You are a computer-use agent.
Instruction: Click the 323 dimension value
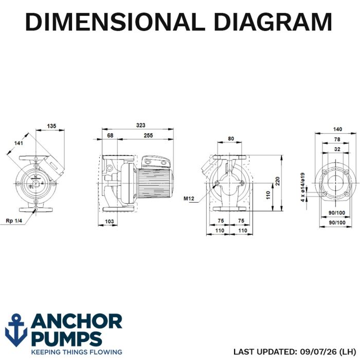tap(141, 125)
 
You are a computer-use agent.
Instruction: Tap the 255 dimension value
tap(148, 135)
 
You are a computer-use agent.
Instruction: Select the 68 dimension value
tap(110, 135)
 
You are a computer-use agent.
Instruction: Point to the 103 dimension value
tap(109, 221)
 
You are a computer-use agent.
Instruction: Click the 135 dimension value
tap(51, 126)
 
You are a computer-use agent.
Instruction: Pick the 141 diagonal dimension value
tap(19, 143)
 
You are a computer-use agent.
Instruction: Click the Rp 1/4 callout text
tap(14, 221)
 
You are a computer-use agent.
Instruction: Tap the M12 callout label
tap(189, 199)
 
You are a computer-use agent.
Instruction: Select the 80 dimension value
tap(231, 139)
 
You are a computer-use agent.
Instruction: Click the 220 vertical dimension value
tap(278, 181)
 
